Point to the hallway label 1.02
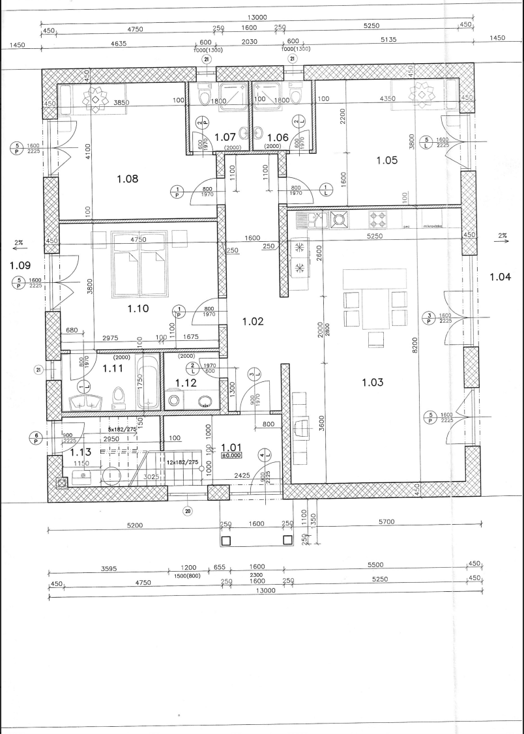click(252, 321)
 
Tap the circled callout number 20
click(188, 510)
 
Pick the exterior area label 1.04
click(500, 276)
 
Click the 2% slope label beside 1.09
click(18, 242)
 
